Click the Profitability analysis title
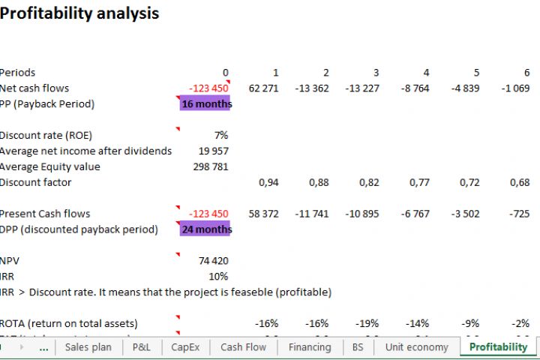pos(79,13)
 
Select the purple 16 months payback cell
pos(205,104)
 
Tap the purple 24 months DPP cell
pos(205,229)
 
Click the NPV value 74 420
pos(214,261)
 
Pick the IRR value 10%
pos(219,277)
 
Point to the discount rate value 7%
pos(220,136)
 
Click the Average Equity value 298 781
pos(211,166)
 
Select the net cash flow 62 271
pos(263,88)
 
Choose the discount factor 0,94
pos(268,182)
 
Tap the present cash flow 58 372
pos(263,214)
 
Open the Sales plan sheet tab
pos(88,347)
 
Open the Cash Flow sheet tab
pos(243,347)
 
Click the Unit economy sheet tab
pos(417,347)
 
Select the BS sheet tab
pos(358,347)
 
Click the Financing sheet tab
pos(310,347)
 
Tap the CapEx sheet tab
pos(185,347)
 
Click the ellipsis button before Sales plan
pos(43,347)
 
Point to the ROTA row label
pos(69,323)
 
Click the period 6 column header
pos(526,73)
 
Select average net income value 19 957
pos(214,151)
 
